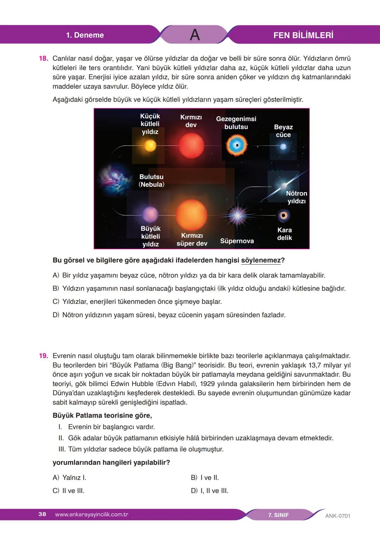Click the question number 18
tap(43, 58)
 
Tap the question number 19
tap(43, 356)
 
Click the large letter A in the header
tap(195, 35)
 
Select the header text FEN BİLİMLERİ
tap(303, 35)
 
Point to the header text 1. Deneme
tap(85, 35)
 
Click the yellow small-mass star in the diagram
tap(150, 145)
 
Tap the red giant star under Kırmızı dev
tap(191, 145)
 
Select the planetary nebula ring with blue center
tap(236, 145)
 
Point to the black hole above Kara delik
tap(283, 215)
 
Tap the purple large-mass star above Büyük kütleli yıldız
tap(150, 214)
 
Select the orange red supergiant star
tap(191, 215)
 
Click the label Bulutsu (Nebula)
tap(151, 180)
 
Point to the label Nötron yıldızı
tap(296, 197)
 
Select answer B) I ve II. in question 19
tap(205, 478)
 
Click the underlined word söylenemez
tap(261, 260)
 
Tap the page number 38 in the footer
tap(42, 514)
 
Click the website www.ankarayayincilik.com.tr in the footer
tap(91, 515)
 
